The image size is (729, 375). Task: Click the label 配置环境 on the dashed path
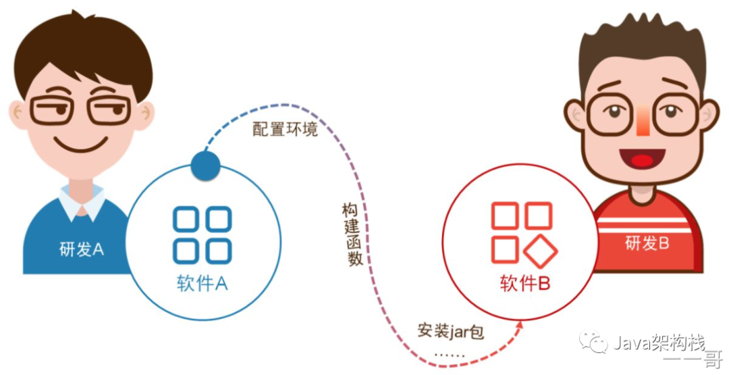(285, 129)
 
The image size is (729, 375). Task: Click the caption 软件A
(202, 284)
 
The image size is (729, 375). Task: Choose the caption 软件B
(525, 284)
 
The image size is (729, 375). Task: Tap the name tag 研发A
(81, 249)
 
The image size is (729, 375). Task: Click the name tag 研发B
(647, 243)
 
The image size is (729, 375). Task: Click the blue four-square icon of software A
(202, 235)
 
